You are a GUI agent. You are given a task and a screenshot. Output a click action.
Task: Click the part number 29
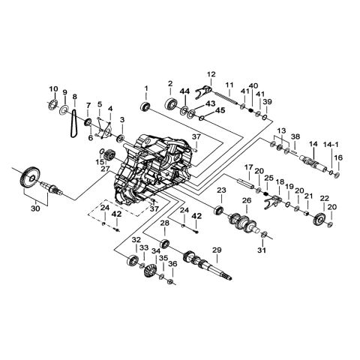pos(216,250)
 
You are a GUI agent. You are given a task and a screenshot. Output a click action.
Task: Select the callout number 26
pos(245,200)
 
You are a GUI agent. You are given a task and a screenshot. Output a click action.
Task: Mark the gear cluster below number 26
pos(244,223)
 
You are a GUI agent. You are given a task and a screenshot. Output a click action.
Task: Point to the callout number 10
pos(53,88)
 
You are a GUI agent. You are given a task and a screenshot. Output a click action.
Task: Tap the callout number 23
pos(221,190)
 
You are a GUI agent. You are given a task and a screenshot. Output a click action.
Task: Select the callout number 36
pos(172,264)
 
